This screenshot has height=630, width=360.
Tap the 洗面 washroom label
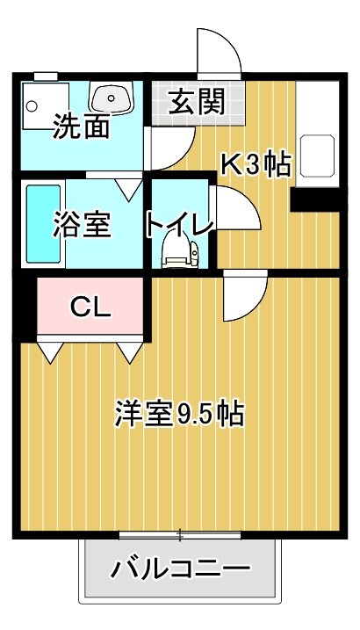(81, 127)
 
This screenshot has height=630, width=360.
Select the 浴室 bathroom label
(82, 225)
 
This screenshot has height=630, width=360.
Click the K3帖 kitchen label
(255, 165)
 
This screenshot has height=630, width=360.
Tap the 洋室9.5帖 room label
(178, 413)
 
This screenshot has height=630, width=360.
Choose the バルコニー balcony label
(180, 569)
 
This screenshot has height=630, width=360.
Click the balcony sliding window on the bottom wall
(180, 533)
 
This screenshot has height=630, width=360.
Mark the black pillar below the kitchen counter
(317, 201)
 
